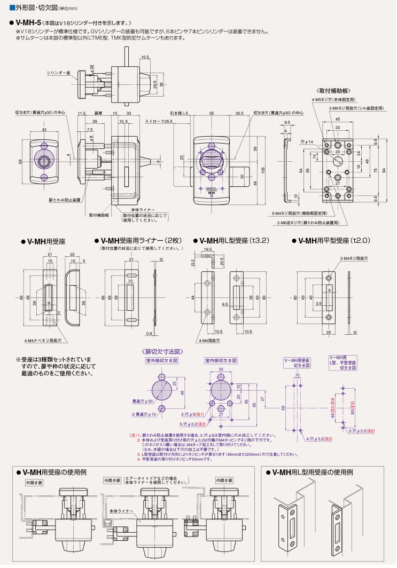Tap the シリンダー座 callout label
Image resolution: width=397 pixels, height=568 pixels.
point(59,72)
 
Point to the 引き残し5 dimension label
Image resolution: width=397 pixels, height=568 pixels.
point(180,114)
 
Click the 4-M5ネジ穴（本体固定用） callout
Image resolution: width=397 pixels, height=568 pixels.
point(334,100)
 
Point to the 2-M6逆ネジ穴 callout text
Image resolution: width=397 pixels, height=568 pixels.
point(307,222)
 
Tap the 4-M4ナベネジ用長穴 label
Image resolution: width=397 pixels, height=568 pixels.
point(43,340)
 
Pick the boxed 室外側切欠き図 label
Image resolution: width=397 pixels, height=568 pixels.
point(162,361)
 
